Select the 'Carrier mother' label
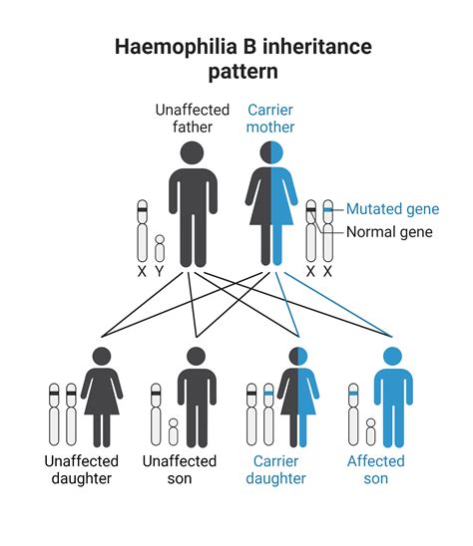(x=271, y=120)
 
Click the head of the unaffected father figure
(x=194, y=153)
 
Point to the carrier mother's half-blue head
(x=270, y=153)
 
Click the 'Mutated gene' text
(x=392, y=209)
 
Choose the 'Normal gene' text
(x=389, y=232)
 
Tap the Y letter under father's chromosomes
(x=159, y=270)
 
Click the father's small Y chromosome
(x=159, y=247)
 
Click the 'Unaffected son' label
(x=180, y=469)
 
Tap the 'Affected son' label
(x=375, y=469)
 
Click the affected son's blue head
(x=392, y=356)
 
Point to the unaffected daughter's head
(x=101, y=356)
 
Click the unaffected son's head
(x=196, y=356)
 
